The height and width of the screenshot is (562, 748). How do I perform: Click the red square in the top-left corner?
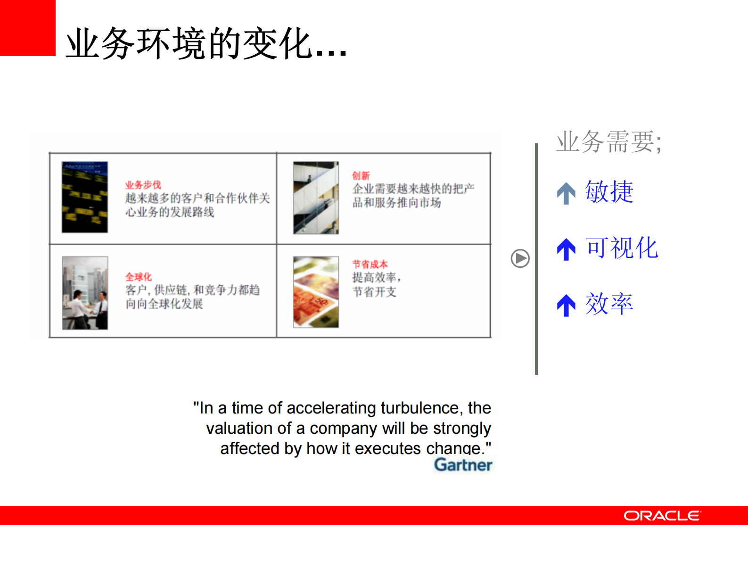tap(27, 27)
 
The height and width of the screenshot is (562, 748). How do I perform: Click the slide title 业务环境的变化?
tap(206, 43)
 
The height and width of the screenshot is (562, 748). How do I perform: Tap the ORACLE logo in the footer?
tap(662, 515)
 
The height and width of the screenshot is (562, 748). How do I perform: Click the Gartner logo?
tap(463, 465)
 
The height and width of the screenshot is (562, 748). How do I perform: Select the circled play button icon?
tap(520, 258)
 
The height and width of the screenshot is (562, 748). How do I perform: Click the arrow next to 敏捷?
tap(566, 193)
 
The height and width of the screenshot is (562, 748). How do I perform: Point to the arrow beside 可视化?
tap(566, 249)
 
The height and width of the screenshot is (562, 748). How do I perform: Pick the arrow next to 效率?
tap(566, 305)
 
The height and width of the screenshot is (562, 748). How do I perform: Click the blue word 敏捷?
tap(609, 192)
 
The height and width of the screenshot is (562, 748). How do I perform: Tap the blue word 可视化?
tap(622, 248)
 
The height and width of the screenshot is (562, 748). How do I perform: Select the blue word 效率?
tap(609, 304)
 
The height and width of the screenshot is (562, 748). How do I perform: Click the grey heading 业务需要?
tap(608, 142)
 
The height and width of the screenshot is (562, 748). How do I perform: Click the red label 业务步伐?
tap(143, 185)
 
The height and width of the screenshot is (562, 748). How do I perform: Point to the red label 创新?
tap(361, 175)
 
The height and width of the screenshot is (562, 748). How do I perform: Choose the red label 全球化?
tap(139, 277)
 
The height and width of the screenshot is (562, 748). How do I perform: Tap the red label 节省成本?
tap(370, 264)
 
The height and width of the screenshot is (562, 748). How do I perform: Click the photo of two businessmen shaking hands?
tap(85, 293)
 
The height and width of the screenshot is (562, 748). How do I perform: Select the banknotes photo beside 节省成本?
tap(316, 292)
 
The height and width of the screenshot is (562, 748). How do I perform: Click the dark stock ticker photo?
tap(85, 197)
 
